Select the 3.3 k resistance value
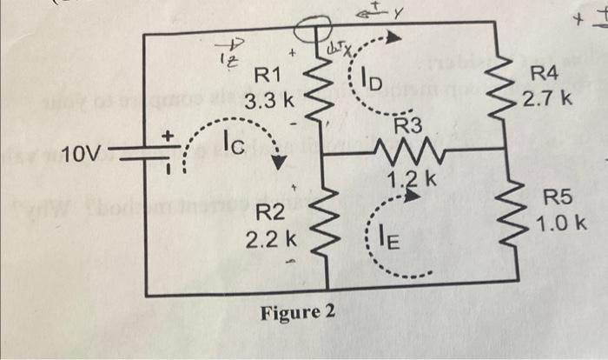tap(270, 103)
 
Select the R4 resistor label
tap(546, 79)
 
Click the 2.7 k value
tap(548, 99)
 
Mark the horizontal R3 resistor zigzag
tap(410, 154)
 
